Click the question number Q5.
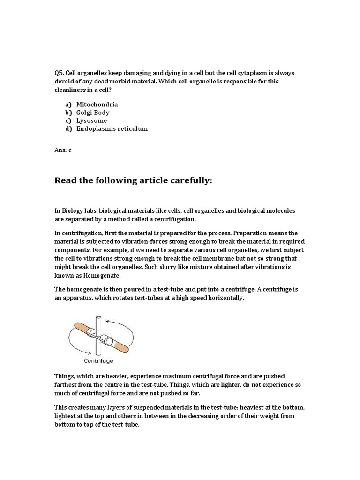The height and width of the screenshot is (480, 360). point(59,73)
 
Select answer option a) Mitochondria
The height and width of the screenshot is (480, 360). point(97,105)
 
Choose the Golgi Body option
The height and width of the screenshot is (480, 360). point(93,112)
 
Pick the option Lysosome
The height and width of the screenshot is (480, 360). point(91,120)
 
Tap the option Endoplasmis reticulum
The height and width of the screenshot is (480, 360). point(112,128)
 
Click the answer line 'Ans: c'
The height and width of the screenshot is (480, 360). point(63,150)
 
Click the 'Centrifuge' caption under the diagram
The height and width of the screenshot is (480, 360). point(98,361)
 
